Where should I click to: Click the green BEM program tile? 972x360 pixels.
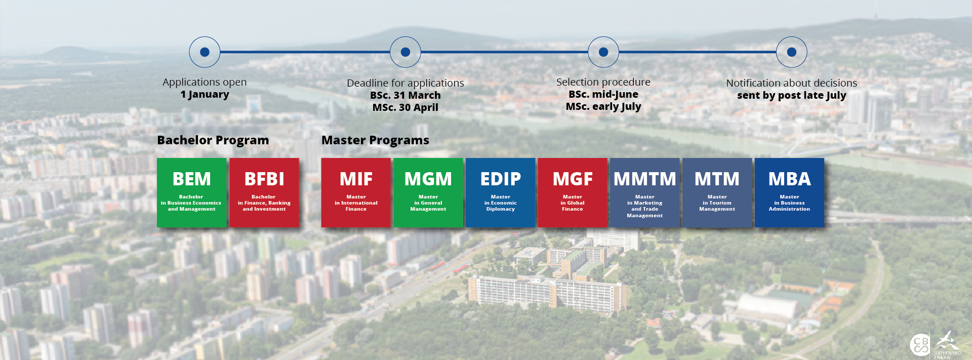pyautogui.click(x=191, y=192)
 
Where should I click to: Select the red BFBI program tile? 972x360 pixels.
pyautogui.click(x=264, y=192)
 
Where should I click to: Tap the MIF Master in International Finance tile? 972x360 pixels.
pyautogui.click(x=356, y=192)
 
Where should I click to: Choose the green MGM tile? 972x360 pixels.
pyautogui.click(x=428, y=192)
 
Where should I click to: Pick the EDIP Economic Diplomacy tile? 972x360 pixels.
pyautogui.click(x=500, y=192)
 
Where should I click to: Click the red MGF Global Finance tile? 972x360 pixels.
pyautogui.click(x=573, y=192)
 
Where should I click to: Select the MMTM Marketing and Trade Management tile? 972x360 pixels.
pyautogui.click(x=645, y=192)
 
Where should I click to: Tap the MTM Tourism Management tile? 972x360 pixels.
pyautogui.click(x=717, y=192)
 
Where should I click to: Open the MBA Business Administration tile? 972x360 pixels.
pyautogui.click(x=789, y=192)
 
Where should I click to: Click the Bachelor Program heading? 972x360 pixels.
pyautogui.click(x=213, y=140)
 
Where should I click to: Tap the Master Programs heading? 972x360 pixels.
pyautogui.click(x=375, y=140)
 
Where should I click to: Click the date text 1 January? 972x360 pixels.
pyautogui.click(x=205, y=94)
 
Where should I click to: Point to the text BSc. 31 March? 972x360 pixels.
pyautogui.click(x=406, y=95)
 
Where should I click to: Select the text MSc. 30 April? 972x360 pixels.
pyautogui.click(x=406, y=107)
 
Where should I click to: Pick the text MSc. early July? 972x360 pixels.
pyautogui.click(x=603, y=106)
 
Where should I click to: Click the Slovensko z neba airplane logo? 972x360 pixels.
pyautogui.click(x=947, y=344)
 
